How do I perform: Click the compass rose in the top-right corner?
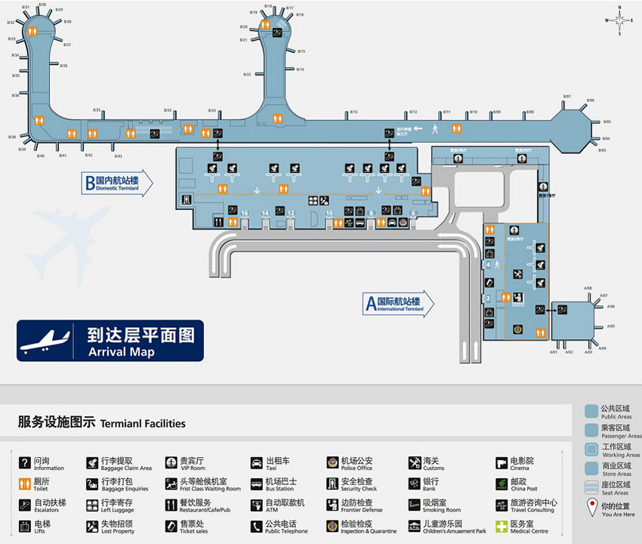pos(619,20)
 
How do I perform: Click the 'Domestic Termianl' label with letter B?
pos(117,182)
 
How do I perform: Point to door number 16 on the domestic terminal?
pos(244,214)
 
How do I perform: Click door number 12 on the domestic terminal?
pos(291,214)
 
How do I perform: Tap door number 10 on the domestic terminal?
pos(329,214)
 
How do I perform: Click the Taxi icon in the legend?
pos(256,462)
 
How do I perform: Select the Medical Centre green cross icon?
pos(502,526)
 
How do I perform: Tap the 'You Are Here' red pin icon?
pos(591,508)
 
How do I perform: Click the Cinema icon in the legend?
pos(502,462)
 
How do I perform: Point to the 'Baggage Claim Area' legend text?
pos(126,468)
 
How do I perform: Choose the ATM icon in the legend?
pos(256,505)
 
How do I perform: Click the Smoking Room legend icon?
pos(415,505)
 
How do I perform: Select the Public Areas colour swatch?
pos(591,411)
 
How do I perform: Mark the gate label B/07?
pos(566,97)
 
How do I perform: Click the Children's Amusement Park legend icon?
pos(415,526)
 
